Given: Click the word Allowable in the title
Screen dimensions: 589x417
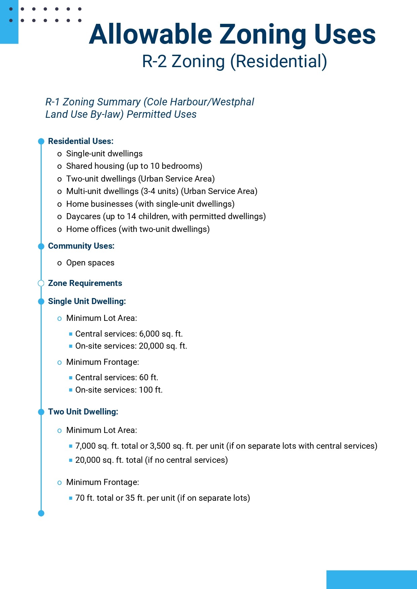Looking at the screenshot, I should point(151,34).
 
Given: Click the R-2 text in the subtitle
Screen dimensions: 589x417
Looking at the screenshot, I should point(154,61).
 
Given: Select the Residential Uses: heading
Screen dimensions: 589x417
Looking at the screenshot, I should point(81,141).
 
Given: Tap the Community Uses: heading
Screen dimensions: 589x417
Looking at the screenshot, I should point(81,246).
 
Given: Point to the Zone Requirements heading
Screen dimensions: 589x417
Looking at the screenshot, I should point(85,283).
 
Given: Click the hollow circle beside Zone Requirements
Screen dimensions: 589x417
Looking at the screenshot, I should point(41,283).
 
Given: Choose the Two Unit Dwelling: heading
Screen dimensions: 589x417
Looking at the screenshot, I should point(83,412).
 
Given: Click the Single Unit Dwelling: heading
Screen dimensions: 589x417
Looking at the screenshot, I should point(87,301).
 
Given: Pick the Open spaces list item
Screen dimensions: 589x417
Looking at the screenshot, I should point(90,263).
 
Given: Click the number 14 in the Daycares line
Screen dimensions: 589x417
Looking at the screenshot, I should point(131,216).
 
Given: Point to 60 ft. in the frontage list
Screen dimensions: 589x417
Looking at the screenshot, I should point(149,378).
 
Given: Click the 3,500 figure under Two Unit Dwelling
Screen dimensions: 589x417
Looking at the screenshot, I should point(160,446).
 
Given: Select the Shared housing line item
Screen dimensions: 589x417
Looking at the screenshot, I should point(134,166).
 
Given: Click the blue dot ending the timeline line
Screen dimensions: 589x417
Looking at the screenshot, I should point(41,513).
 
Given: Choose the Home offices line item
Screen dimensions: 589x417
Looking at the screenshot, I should point(138,229).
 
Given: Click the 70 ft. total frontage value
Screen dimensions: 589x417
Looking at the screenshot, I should point(85,498).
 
